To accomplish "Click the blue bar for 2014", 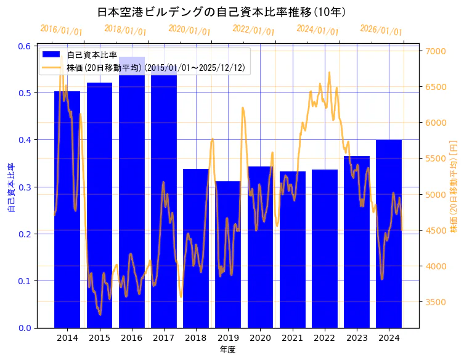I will (67, 210).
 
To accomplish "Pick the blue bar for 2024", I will (389, 234).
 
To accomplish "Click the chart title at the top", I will (222, 12).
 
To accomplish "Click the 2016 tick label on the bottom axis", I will (131, 338).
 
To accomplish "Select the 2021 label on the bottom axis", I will (292, 338).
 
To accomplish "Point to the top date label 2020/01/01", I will (189, 30).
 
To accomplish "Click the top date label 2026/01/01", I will (381, 30).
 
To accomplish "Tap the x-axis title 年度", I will (227, 350).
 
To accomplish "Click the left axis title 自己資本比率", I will (10, 187).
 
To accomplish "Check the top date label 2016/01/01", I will (61, 30).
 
